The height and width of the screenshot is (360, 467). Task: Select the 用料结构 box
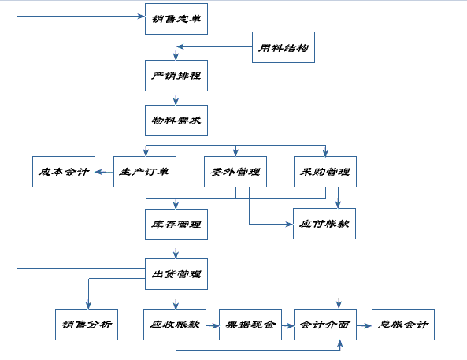(283, 47)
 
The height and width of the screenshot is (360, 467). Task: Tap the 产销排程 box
(176, 76)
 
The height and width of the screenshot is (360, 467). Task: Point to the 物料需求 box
(176, 121)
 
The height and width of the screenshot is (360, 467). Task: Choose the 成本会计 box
(64, 171)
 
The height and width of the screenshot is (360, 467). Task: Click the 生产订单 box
(145, 171)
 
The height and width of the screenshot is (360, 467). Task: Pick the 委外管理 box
(235, 171)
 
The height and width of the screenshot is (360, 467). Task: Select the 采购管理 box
(325, 171)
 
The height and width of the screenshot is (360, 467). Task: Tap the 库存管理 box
(176, 224)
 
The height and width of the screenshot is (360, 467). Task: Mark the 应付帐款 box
(325, 224)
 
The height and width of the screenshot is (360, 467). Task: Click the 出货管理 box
(176, 274)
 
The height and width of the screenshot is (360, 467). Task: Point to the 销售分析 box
(87, 324)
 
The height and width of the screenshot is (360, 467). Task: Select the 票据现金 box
(250, 324)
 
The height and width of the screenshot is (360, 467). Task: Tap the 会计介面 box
(325, 324)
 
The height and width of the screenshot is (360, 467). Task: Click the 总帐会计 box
(402, 324)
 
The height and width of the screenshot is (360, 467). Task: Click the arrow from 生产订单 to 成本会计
(104, 171)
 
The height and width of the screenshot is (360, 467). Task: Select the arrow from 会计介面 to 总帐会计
(364, 324)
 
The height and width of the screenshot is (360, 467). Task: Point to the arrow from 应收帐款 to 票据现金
(213, 324)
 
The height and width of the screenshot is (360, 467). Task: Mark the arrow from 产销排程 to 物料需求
(176, 98)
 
